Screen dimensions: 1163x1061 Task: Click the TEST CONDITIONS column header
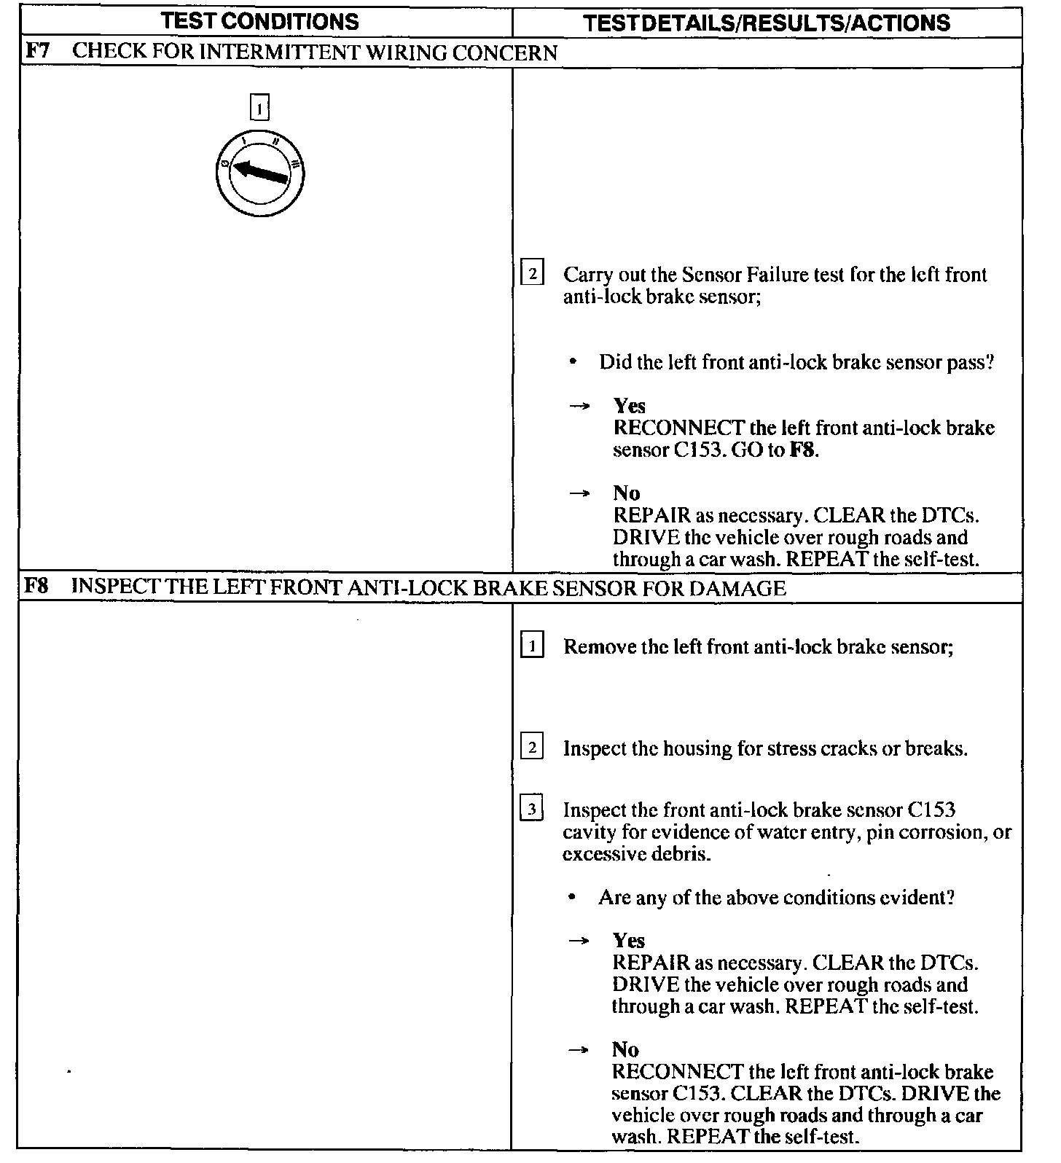(260, 21)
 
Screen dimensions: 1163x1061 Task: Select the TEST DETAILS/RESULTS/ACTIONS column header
(767, 23)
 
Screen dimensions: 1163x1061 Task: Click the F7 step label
(37, 52)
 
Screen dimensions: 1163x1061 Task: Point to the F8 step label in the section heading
(37, 587)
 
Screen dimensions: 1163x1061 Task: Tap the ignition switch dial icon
(261, 173)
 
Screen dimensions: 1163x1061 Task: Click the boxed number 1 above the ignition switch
(259, 108)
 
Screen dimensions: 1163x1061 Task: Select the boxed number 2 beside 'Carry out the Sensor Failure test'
(533, 275)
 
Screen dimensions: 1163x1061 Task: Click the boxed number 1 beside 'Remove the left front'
(533, 646)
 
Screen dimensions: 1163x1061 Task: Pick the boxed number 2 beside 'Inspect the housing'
(533, 748)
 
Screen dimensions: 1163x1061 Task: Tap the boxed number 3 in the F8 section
(533, 810)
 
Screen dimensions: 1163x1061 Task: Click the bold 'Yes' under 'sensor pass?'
(630, 406)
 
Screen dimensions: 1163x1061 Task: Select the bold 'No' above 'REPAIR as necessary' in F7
(626, 493)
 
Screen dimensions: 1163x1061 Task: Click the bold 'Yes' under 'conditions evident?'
(629, 941)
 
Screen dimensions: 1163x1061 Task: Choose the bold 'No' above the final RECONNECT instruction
(625, 1050)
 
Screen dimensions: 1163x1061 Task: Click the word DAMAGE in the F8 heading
(737, 588)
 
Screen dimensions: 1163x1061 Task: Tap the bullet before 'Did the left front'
(574, 362)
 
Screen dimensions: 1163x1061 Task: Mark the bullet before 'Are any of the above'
(574, 897)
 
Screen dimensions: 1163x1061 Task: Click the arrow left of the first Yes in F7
(579, 407)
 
